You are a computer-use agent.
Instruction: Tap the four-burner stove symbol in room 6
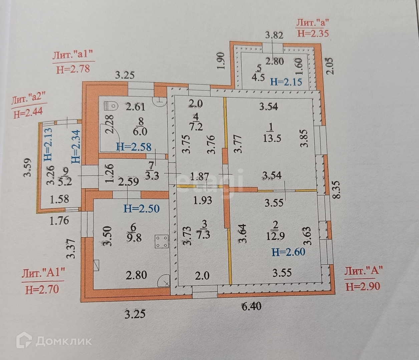162,241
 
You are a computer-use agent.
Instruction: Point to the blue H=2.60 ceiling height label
289,252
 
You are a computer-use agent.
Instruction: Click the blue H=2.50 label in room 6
141,209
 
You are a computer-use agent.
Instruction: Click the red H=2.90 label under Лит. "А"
363,286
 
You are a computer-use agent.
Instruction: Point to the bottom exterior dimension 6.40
252,306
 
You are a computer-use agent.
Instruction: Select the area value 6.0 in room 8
140,131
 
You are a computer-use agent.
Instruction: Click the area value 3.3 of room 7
152,175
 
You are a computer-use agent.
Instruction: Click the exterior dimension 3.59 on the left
29,167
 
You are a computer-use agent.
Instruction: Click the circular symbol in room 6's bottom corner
164,281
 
